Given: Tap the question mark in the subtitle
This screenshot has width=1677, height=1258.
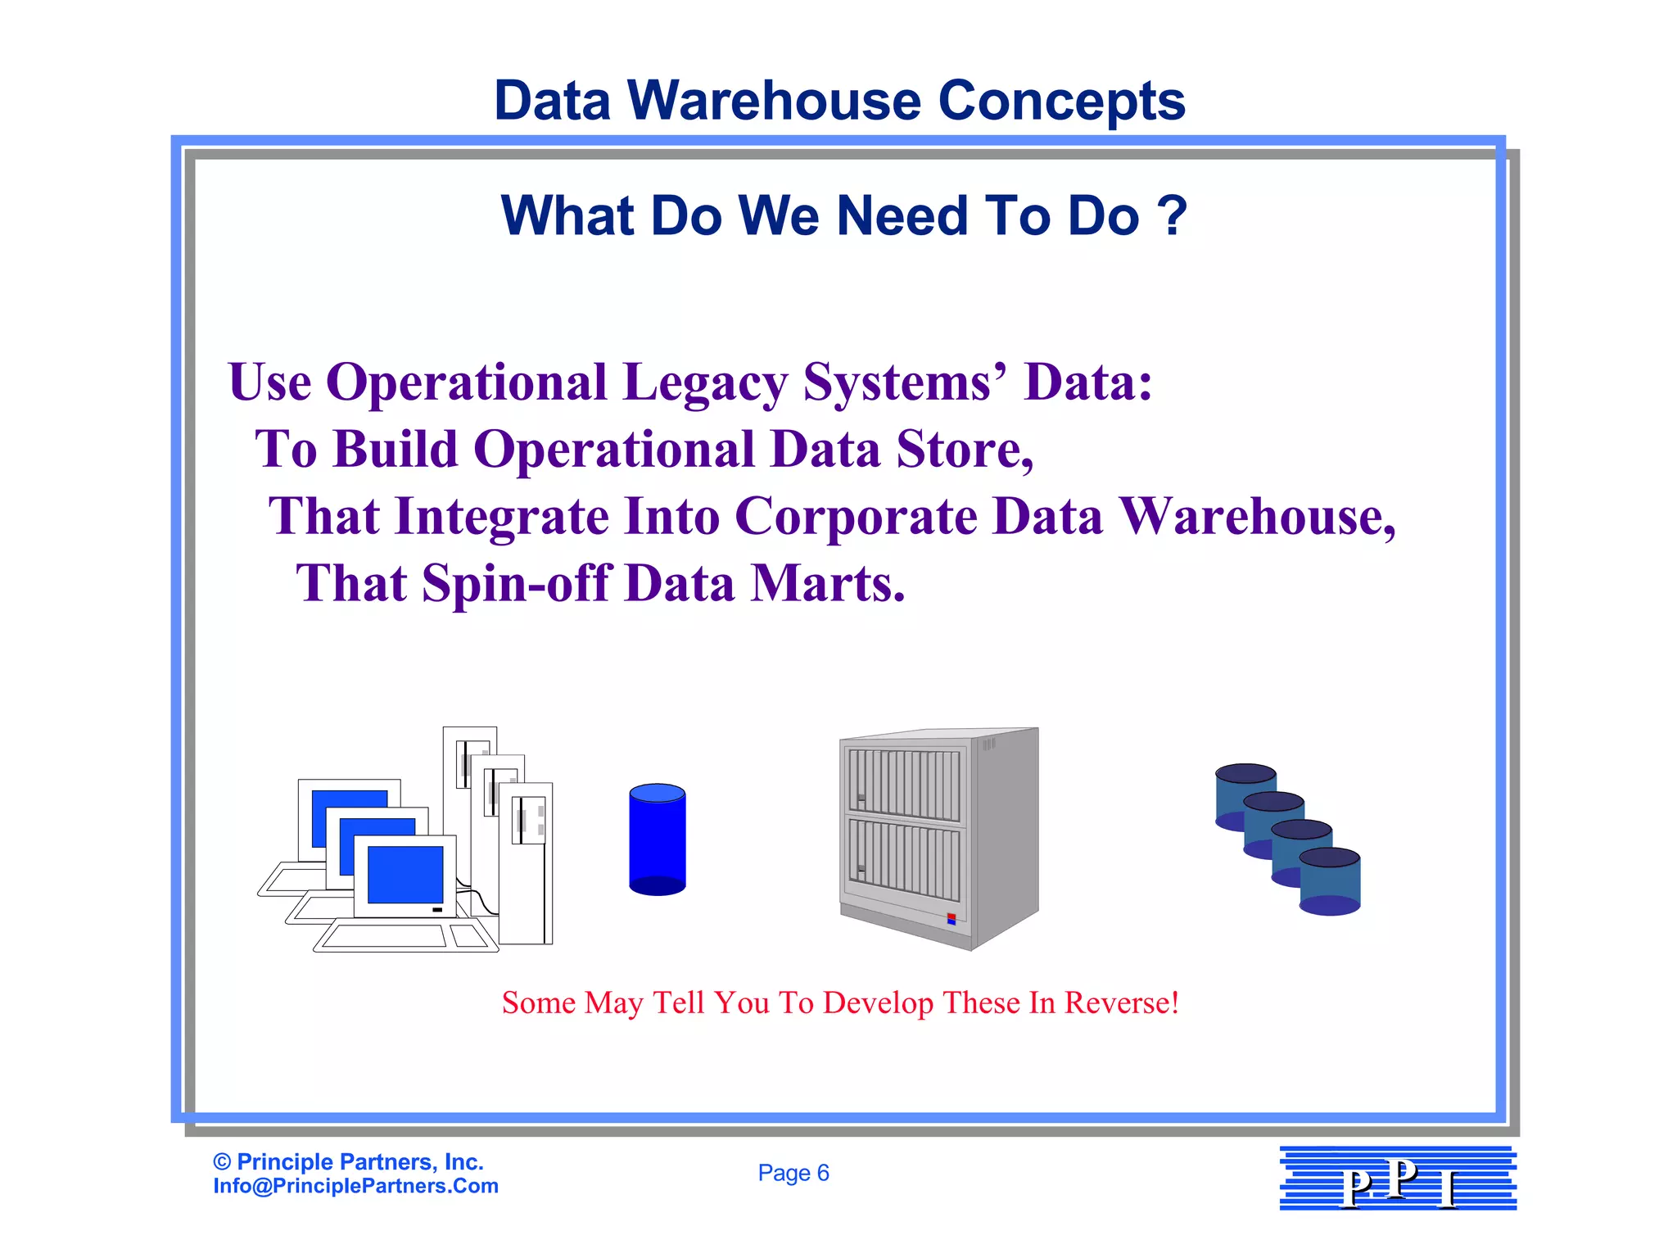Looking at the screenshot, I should click(x=1172, y=215).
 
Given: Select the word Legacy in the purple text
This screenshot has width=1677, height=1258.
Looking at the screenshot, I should click(x=703, y=382).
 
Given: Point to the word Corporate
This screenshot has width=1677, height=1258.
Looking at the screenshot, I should click(x=856, y=517).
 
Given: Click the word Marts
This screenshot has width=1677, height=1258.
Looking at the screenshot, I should click(x=827, y=584).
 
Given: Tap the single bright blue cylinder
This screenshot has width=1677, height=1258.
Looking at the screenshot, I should click(x=657, y=839).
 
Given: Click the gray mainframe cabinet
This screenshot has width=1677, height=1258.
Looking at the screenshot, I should click(x=938, y=835).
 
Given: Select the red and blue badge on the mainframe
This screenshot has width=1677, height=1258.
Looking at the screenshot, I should click(x=951, y=919).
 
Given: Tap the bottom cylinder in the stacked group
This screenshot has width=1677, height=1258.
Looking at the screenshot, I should click(x=1330, y=883).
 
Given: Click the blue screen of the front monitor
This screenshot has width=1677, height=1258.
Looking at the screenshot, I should click(x=405, y=874).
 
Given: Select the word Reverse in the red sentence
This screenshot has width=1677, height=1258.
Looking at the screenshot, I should click(x=1121, y=1002).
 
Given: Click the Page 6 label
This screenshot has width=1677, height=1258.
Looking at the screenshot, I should click(x=793, y=1173).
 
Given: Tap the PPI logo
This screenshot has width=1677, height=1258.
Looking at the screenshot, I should click(x=1398, y=1179).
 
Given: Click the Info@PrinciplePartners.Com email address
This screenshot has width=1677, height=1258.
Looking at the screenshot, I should click(x=355, y=1186).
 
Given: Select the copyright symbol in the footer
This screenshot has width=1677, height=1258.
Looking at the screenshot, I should click(x=221, y=1161).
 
